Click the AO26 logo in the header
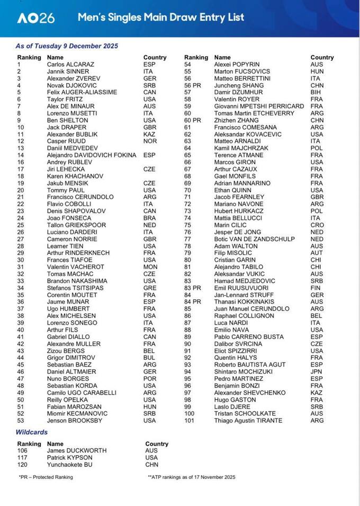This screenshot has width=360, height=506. pos(35,18)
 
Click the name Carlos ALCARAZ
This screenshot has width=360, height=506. pos(70,65)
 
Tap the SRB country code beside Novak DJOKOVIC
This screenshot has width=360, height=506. pos(149,85)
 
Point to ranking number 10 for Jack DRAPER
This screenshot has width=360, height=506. pos(21,127)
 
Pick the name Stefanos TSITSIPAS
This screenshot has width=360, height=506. pos(77,288)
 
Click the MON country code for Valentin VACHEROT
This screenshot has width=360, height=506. pos(150,267)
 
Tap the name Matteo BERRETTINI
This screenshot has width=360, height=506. pos(242,78)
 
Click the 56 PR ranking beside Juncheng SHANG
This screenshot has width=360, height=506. pos(193,85)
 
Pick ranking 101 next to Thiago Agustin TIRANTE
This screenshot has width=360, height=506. pos(189,421)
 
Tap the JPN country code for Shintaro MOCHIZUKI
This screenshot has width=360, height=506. pos(317,372)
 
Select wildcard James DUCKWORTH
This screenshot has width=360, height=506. pos(76,451)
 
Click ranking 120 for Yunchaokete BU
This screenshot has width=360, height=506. pos(23,465)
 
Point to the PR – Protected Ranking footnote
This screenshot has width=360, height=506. pos(46,477)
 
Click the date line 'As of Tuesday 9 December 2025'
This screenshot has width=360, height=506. pos(67,46)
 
